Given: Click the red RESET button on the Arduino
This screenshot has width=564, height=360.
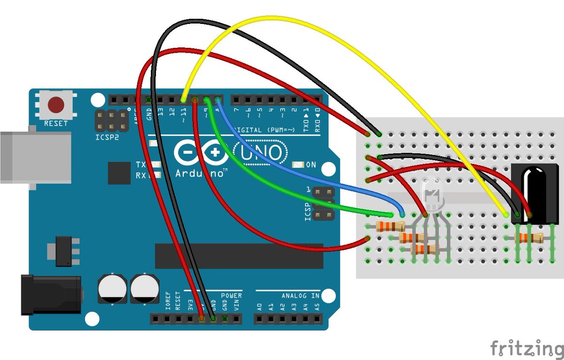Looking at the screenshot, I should tap(56, 104).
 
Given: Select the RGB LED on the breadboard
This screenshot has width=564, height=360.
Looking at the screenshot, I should tap(433, 194).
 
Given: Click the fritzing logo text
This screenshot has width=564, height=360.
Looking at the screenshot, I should tap(526, 348).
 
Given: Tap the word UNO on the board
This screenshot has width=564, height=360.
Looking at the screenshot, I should tap(260, 153).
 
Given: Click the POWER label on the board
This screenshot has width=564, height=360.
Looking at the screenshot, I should tap(231, 296).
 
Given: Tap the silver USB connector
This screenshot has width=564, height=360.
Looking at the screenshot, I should tap(33, 157).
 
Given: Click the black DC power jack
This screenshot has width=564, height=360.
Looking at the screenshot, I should tap(49, 295).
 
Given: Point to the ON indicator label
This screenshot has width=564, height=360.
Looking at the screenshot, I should tap(311, 165).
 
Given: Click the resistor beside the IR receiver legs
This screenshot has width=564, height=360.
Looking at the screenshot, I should tap(528, 238).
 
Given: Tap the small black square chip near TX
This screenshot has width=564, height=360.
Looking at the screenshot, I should tap(119, 173).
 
